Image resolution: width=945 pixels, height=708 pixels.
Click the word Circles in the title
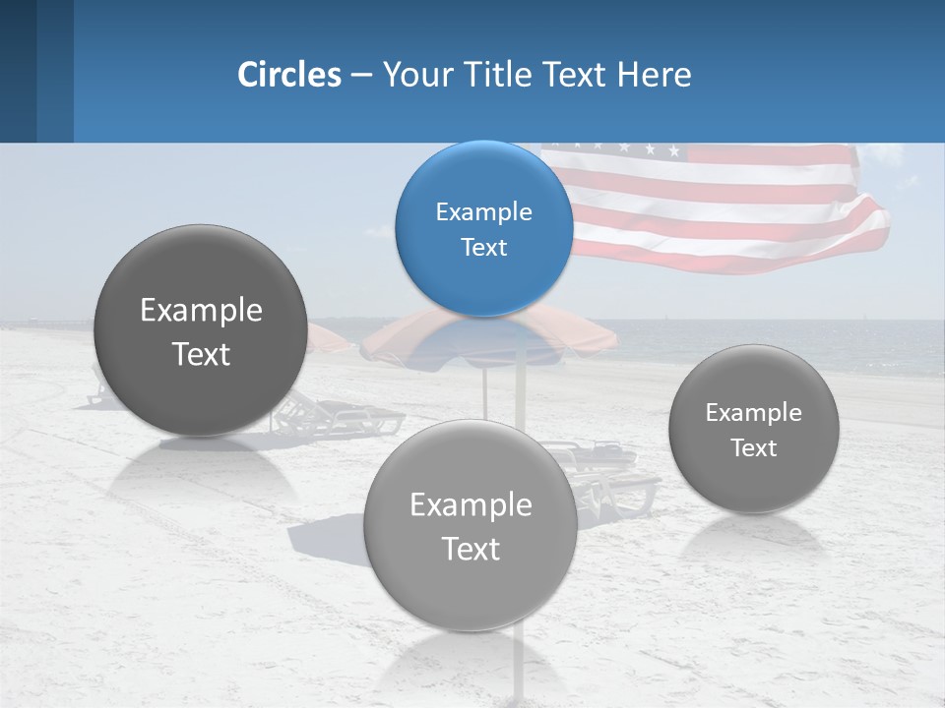pyautogui.click(x=288, y=75)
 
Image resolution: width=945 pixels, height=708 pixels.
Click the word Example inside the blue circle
pyautogui.click(x=483, y=212)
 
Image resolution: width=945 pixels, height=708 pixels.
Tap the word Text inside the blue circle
pyautogui.click(x=483, y=248)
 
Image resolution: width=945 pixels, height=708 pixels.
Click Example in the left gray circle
pyautogui.click(x=201, y=311)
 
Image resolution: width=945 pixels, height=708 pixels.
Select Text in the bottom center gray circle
pyautogui.click(x=471, y=549)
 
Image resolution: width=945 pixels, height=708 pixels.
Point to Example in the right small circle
pyautogui.click(x=753, y=413)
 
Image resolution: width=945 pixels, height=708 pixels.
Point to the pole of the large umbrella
pyautogui.click(x=484, y=388)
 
